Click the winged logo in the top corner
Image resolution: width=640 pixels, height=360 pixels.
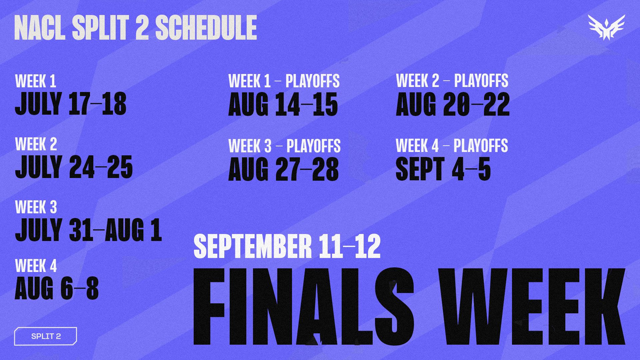(606, 28)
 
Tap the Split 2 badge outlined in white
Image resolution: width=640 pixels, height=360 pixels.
(46, 336)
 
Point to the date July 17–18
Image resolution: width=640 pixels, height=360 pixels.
(71, 104)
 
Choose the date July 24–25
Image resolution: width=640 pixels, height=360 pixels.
(74, 167)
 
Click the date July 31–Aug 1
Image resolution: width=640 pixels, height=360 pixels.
(88, 230)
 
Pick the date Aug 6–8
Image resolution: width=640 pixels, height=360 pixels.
(57, 288)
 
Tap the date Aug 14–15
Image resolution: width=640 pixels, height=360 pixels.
(283, 104)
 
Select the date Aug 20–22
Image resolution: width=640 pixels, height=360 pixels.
(453, 104)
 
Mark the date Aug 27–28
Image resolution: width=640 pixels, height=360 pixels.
(283, 169)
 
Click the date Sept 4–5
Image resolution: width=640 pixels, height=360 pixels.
(443, 169)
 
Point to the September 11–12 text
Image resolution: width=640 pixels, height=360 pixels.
(287, 246)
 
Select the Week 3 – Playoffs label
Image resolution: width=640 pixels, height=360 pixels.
(284, 146)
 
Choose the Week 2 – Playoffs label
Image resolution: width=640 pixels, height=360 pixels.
(452, 81)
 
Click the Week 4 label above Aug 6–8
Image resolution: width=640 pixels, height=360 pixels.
(36, 266)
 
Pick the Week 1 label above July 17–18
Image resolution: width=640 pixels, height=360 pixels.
(35, 81)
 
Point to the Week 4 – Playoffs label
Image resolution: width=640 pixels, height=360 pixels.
(452, 146)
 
